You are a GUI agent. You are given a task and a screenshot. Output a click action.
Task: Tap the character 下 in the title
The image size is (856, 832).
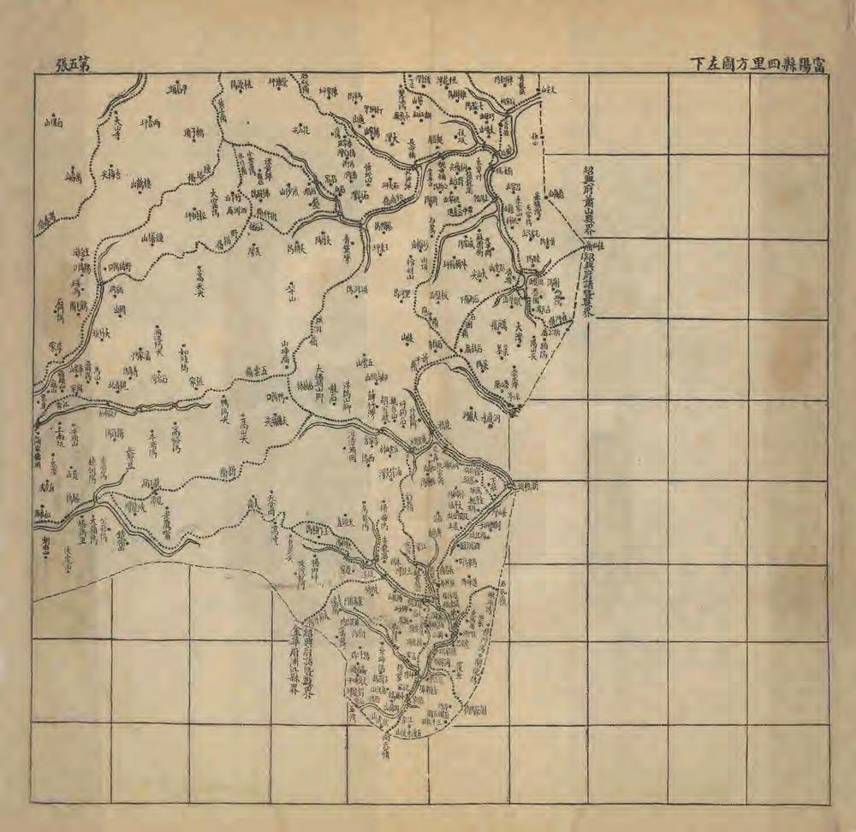[698, 62]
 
